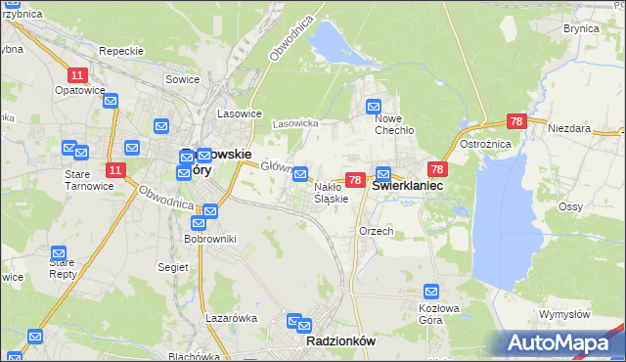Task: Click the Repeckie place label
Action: pyautogui.click(x=122, y=51)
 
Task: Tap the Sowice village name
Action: pyautogui.click(x=183, y=79)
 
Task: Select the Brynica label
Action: pyautogui.click(x=581, y=29)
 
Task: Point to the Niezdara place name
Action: pyautogui.click(x=569, y=128)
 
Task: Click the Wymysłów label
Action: pyautogui.click(x=564, y=314)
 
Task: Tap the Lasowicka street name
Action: pyautogui.click(x=295, y=124)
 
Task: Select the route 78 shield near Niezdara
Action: pyautogui.click(x=517, y=122)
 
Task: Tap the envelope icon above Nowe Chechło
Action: pyautogui.click(x=374, y=107)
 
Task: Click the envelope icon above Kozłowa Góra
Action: pyautogui.click(x=431, y=292)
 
